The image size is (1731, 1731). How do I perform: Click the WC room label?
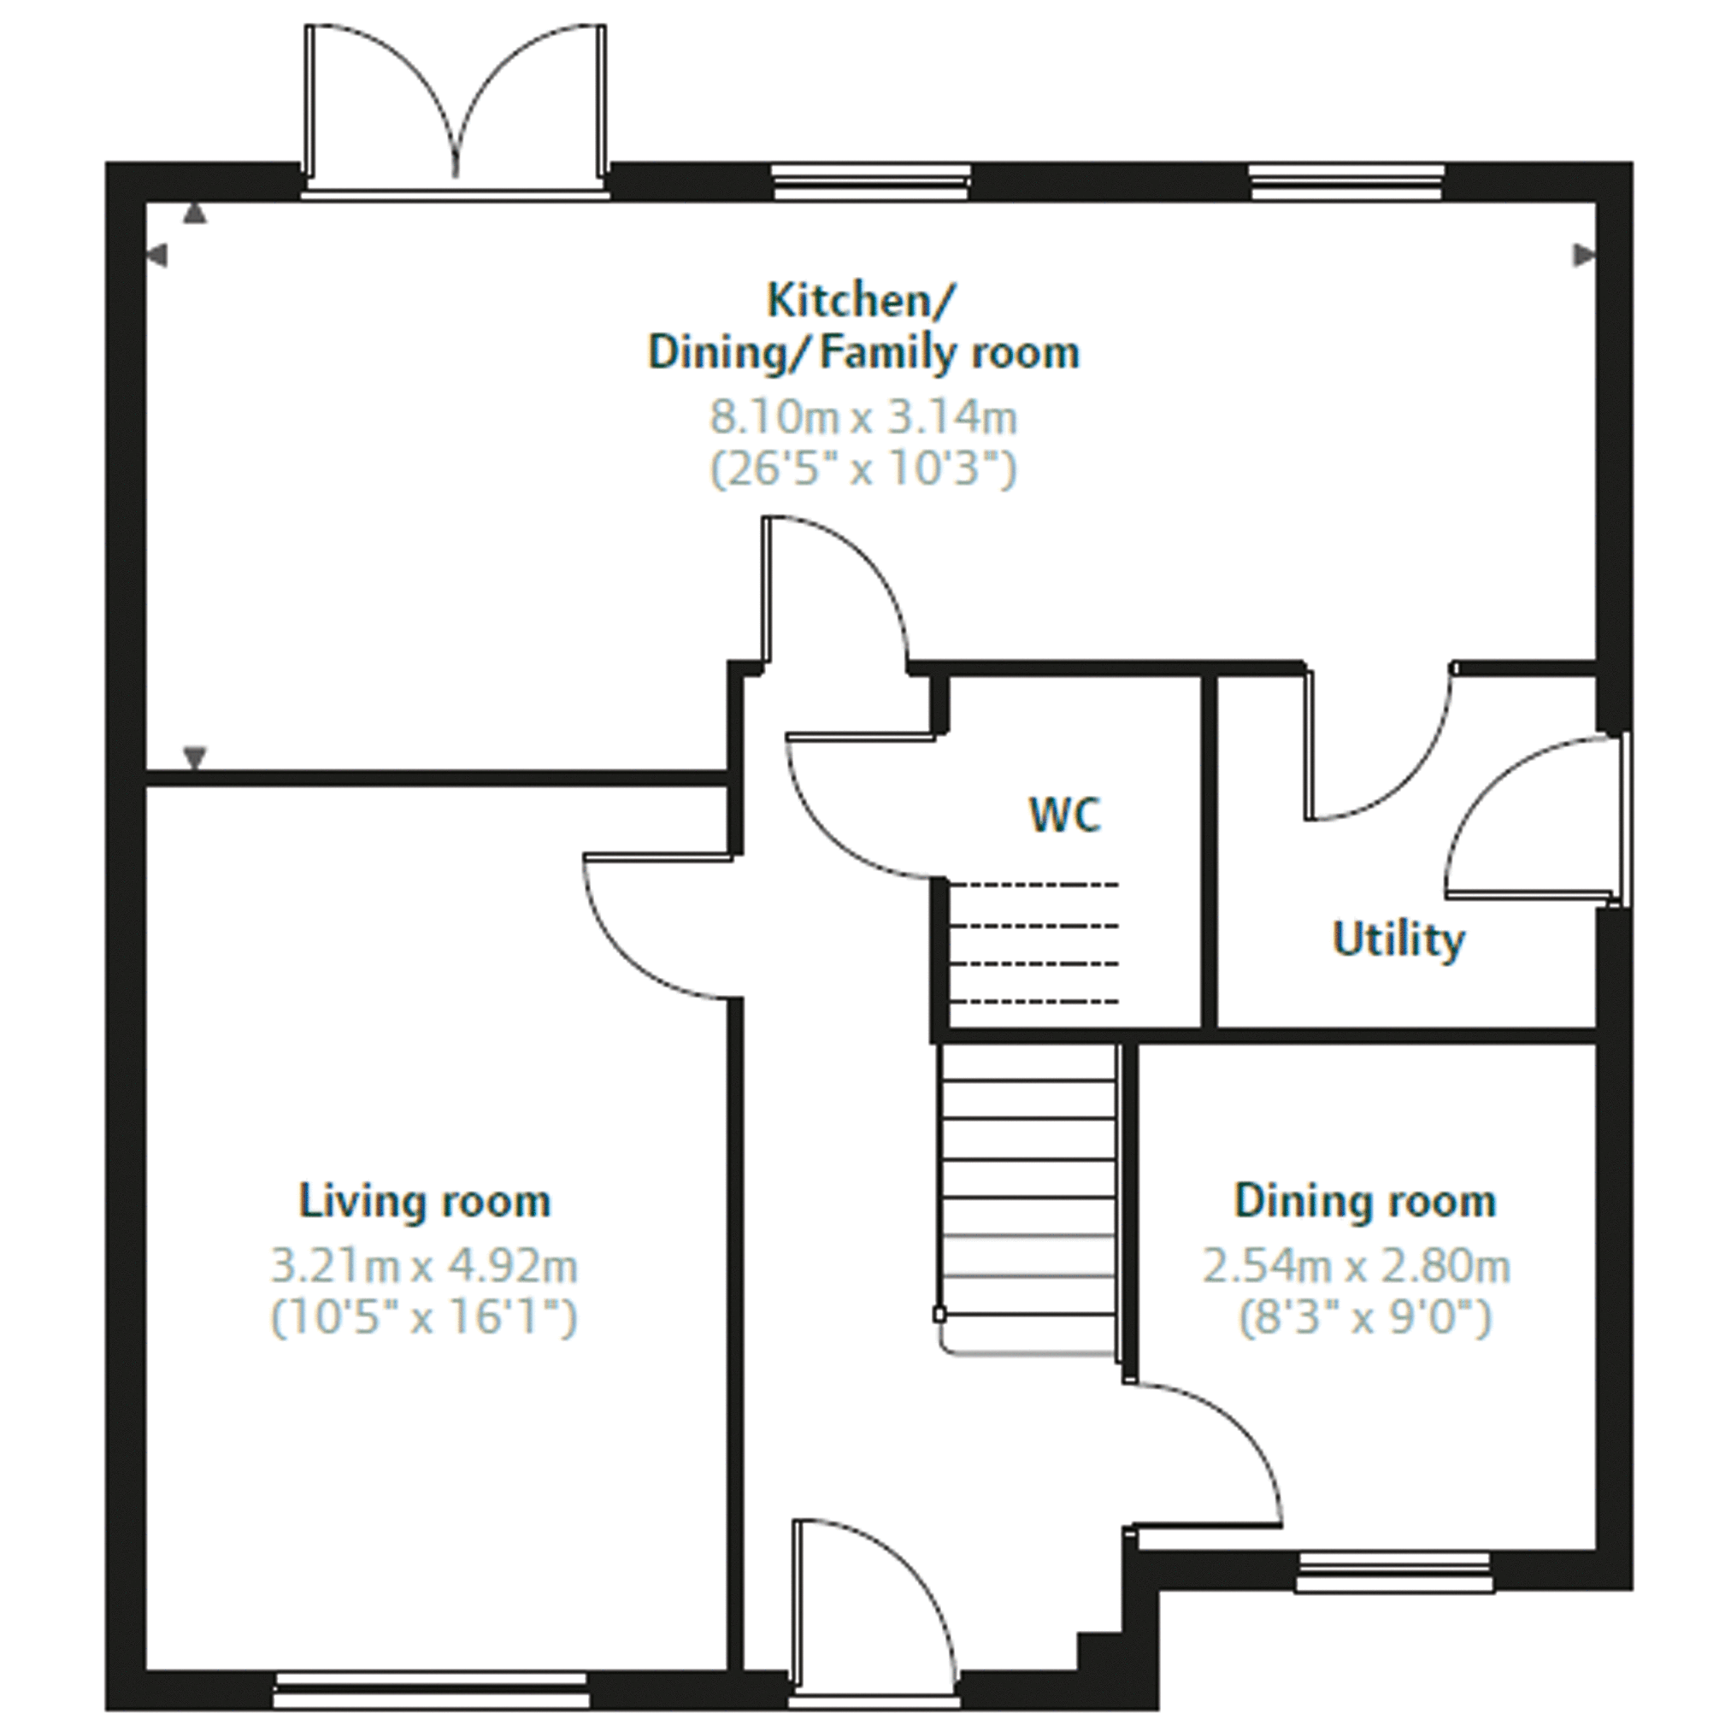[1064, 815]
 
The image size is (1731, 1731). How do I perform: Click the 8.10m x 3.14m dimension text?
[863, 417]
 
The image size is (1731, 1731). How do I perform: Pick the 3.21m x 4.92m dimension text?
[425, 1267]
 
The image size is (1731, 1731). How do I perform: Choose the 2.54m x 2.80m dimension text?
[1357, 1267]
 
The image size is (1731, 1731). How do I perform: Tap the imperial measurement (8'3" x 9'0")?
[1365, 1318]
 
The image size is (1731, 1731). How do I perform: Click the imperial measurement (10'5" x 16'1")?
[425, 1318]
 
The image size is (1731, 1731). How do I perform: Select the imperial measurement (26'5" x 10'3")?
[863, 468]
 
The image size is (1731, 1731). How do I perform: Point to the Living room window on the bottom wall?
[431, 1690]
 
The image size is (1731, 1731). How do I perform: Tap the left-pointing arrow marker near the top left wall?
[156, 256]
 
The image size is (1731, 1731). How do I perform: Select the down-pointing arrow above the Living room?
[194, 757]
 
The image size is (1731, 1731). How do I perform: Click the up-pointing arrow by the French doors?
[194, 212]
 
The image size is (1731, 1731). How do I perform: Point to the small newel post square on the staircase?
[939, 1316]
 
